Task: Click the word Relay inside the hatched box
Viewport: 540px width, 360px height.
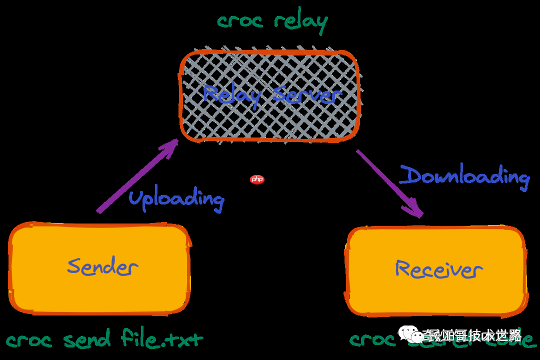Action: click(231, 94)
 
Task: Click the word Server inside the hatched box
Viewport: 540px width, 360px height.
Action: click(306, 94)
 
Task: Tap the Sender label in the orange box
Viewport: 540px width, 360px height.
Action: click(102, 266)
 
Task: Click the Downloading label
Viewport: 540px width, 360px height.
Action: click(464, 176)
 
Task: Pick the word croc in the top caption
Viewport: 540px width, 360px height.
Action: click(240, 21)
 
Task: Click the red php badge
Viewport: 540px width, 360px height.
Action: click(257, 179)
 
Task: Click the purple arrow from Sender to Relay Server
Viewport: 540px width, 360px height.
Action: click(135, 177)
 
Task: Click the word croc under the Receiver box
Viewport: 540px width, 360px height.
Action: click(370, 340)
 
